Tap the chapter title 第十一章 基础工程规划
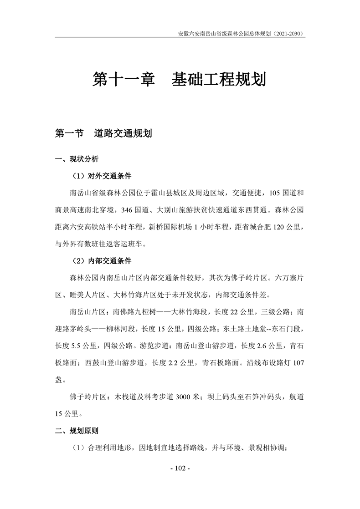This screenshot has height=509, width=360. click(180, 80)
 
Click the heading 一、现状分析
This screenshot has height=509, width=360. click(76, 159)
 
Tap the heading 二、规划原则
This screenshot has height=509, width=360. click(76, 430)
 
